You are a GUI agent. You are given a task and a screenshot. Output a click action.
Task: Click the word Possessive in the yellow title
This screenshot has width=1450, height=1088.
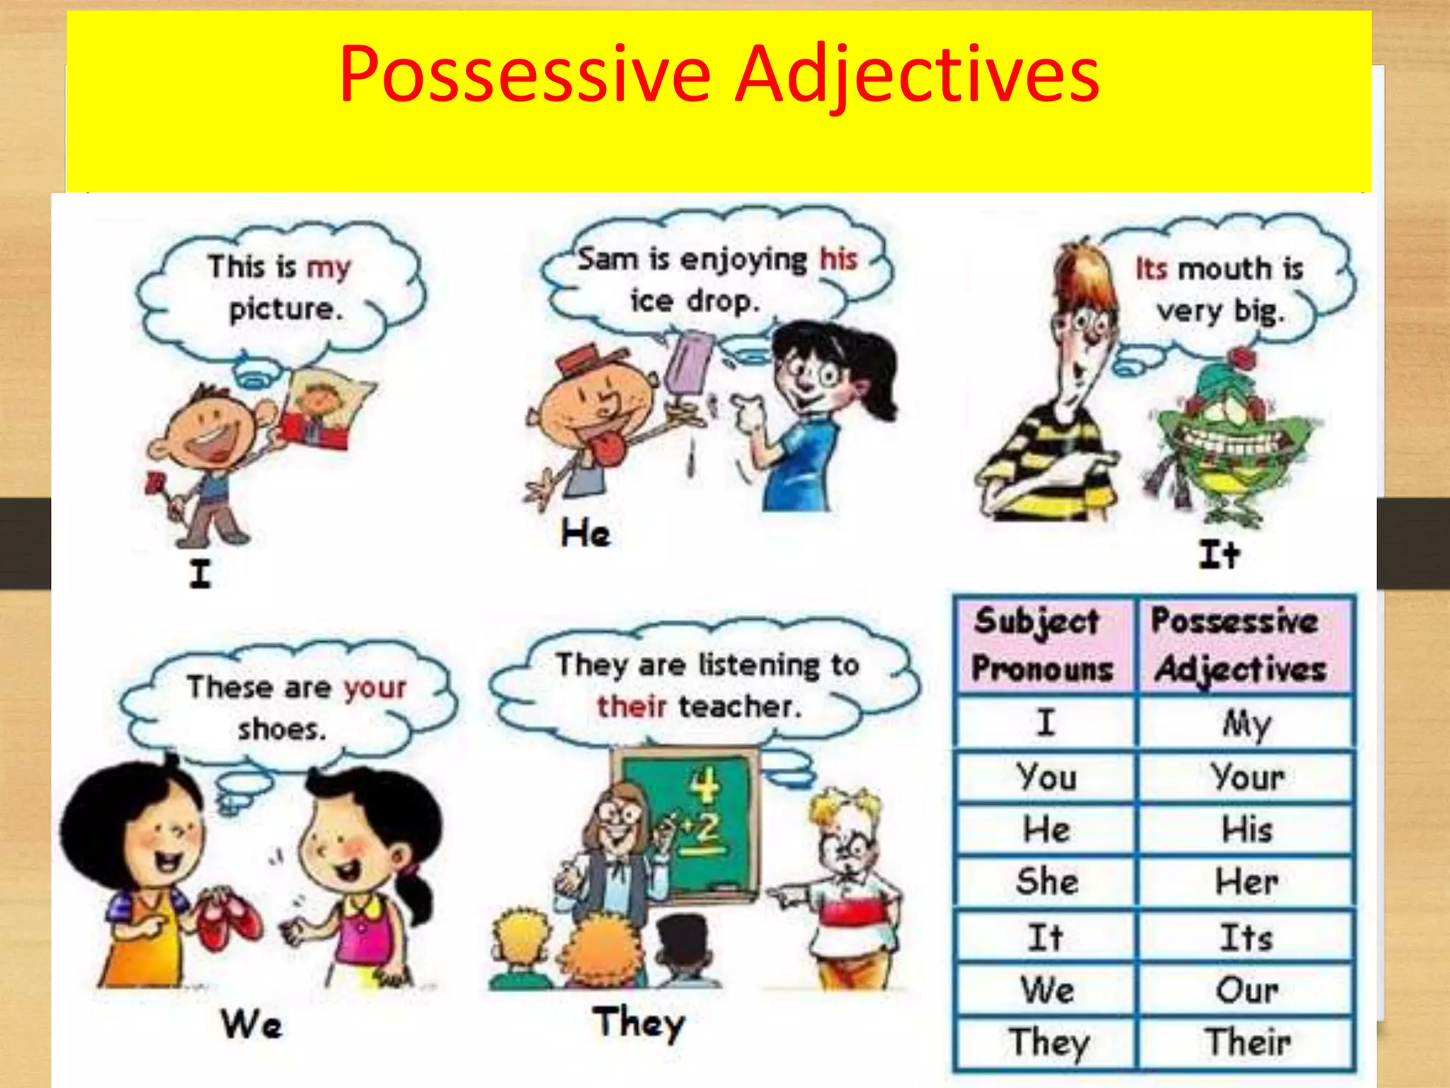pos(525,75)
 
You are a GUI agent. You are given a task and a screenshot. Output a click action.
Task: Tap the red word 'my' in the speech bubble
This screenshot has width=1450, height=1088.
pos(329,268)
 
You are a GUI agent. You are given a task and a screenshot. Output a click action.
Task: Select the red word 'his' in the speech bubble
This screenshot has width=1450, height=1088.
pos(838,259)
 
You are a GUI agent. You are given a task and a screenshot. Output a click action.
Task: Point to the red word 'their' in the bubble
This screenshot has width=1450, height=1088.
pos(632,706)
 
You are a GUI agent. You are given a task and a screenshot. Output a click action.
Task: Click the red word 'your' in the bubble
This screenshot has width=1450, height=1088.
pos(375,687)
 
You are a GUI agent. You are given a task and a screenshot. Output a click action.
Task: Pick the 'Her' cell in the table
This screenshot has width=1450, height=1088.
pos(1246,882)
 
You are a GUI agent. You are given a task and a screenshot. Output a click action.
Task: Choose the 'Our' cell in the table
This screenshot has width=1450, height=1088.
pos(1246,990)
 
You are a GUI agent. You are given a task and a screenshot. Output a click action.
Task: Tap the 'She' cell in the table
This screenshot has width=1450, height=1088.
pos(1046,882)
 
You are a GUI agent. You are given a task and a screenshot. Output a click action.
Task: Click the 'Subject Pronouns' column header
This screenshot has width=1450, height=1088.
pos(1042,645)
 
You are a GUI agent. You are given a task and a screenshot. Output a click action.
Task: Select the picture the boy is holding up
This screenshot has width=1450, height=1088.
pos(322,411)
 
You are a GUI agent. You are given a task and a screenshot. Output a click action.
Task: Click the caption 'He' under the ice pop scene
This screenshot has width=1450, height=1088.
pos(586,533)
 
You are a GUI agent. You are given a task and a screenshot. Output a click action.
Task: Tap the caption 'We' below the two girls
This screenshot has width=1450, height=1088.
pos(251,1024)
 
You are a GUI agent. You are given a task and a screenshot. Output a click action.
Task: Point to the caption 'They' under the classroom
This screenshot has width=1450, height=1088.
pos(639,1023)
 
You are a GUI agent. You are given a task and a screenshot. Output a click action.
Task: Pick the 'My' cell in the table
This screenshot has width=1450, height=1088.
pos(1246,724)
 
